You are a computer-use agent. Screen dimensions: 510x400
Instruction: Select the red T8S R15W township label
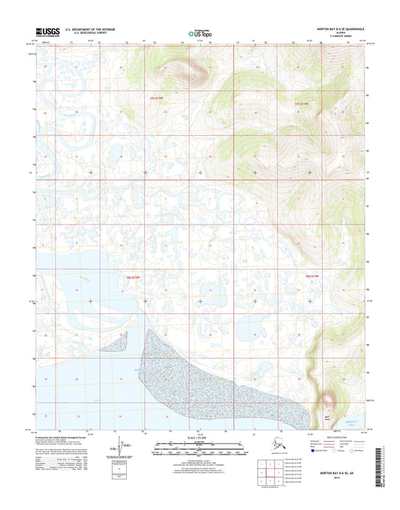coord(134,276)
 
